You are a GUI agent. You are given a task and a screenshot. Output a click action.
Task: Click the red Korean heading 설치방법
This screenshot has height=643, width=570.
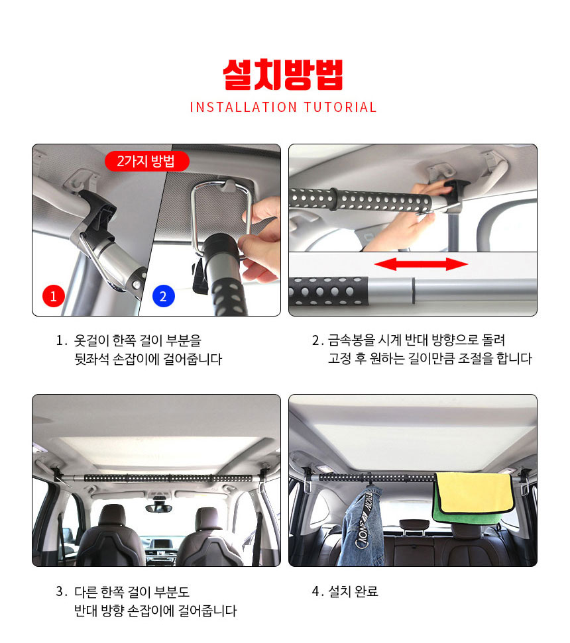[283, 75]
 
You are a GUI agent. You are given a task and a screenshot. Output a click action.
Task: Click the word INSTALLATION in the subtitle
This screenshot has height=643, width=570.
[243, 107]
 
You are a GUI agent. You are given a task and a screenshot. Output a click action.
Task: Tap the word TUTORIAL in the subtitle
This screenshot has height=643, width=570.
[340, 107]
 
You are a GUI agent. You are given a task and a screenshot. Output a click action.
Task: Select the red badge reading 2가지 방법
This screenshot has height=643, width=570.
[147, 161]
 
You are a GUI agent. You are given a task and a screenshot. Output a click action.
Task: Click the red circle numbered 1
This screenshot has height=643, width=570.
[53, 295]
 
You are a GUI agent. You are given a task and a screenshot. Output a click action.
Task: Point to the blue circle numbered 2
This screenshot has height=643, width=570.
[163, 295]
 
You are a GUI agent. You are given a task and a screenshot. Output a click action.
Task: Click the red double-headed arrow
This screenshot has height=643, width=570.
[421, 264]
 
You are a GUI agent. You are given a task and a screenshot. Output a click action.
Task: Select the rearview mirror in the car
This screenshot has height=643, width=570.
[158, 508]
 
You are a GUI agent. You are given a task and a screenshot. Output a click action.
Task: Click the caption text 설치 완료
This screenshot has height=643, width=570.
[353, 591]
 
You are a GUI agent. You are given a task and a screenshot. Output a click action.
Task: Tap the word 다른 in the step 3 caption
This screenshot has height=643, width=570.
[86, 592]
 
